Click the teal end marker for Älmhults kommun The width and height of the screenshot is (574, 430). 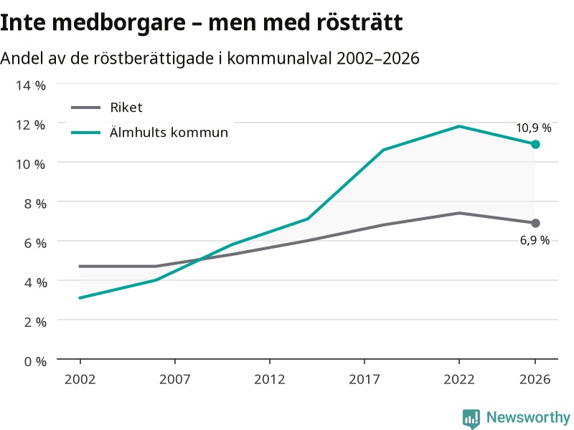(535, 145)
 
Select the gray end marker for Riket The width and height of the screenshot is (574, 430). (535, 223)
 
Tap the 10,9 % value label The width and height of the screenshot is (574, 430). (533, 128)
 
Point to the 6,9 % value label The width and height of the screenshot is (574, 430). (535, 240)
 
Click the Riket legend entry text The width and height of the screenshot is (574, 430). (126, 107)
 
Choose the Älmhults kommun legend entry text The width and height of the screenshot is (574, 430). (169, 132)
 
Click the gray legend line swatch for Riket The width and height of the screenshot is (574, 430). (85, 107)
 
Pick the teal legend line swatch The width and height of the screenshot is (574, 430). (85, 133)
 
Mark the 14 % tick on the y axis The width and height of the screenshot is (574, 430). (30, 85)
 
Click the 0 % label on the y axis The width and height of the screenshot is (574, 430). (35, 362)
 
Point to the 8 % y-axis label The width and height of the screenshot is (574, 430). (35, 204)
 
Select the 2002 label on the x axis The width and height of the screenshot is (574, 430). (80, 380)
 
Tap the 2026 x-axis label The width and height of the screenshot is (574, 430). (535, 380)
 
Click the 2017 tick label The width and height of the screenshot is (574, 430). (364, 380)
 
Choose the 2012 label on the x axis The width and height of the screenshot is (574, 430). (270, 380)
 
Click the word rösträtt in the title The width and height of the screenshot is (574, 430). (359, 22)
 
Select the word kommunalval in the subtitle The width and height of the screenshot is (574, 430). (279, 58)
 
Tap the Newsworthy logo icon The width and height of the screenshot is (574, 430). (471, 419)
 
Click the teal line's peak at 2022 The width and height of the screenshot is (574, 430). (459, 127)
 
